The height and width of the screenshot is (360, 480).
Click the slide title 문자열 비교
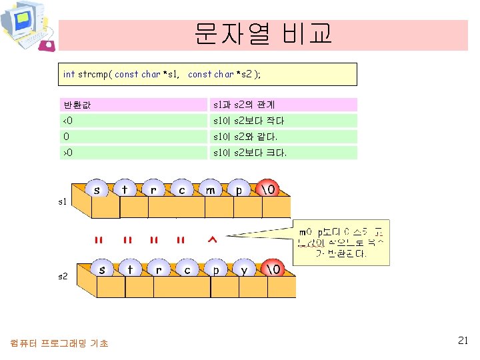click(x=263, y=33)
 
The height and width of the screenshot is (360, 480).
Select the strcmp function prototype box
click(x=207, y=74)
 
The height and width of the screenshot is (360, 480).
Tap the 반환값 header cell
click(x=133, y=105)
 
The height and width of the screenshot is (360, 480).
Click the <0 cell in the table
click(x=133, y=121)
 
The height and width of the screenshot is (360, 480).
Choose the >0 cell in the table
click(x=133, y=153)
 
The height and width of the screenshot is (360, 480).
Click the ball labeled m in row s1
click(x=211, y=190)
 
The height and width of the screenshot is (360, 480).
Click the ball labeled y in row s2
click(x=243, y=270)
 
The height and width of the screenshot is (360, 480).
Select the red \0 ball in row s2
click(x=273, y=270)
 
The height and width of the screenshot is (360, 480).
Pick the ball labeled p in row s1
click(x=239, y=190)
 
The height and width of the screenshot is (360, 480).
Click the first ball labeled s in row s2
click(x=102, y=270)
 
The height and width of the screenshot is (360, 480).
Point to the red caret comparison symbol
click(x=212, y=241)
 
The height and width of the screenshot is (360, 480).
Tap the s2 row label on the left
click(x=62, y=275)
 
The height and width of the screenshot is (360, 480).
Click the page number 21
click(x=463, y=341)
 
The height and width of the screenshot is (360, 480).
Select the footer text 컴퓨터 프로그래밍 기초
click(x=59, y=343)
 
